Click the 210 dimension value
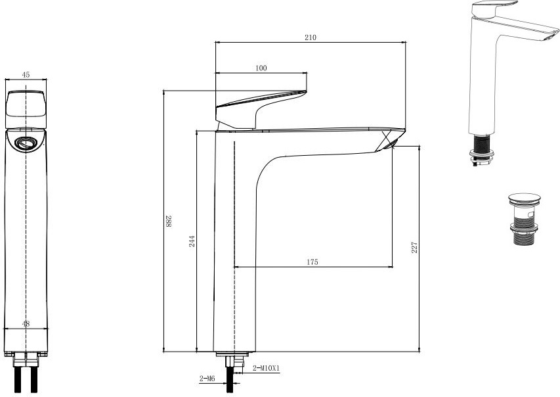(x=311, y=37)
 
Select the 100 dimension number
(x=261, y=68)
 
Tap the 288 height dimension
(x=168, y=221)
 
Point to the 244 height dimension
(x=192, y=241)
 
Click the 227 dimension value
(x=414, y=248)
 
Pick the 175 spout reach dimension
(x=312, y=262)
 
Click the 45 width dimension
(x=26, y=75)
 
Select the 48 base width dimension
(x=26, y=324)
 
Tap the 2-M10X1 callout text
(x=266, y=368)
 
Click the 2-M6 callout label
(x=207, y=379)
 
